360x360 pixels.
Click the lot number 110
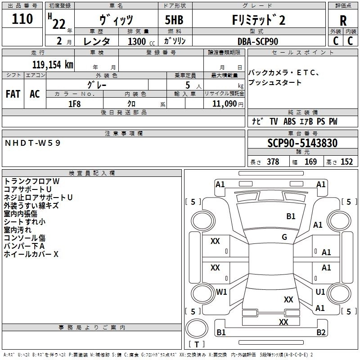pos(22,19)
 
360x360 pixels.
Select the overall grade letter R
pos(343,21)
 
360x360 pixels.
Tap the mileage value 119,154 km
pos(53,64)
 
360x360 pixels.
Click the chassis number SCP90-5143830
pos(302,143)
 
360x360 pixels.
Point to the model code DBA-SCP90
pos(258,41)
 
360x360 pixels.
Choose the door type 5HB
pos(174,20)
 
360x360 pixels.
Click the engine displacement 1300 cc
pos(141,41)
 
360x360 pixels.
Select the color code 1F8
pos(75,104)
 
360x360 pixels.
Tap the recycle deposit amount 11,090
pos(224,104)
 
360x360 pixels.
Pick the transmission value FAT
pos(13,94)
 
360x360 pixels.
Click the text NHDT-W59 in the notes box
pos(32,143)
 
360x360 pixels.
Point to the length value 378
pos(273,162)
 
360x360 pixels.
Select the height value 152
pos(346,162)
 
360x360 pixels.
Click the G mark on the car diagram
pos(284,237)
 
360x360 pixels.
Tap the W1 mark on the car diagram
pos(221,292)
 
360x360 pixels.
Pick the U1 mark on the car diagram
pos(320,292)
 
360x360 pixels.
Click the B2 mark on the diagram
pos(321,332)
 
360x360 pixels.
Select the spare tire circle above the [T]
pos(197,328)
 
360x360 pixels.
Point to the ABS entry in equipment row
pos(289,121)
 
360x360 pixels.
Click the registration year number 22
pos(59,24)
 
